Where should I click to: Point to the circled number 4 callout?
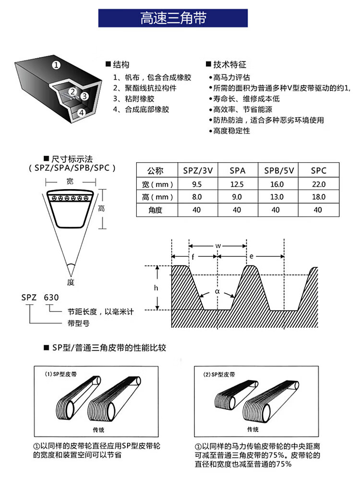point(81,112)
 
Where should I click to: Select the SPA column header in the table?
point(237,170)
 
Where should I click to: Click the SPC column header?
point(318,170)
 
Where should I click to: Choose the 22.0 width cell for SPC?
point(318,184)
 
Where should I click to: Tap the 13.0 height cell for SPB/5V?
point(277,197)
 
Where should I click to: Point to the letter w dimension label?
point(218,245)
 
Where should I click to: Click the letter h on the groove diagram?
point(156,288)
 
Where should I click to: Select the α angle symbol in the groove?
point(217,291)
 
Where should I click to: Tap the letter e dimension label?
point(252,257)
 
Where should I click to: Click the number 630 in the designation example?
point(51,297)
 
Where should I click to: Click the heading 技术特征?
point(229,64)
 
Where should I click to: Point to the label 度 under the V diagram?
point(71,282)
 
